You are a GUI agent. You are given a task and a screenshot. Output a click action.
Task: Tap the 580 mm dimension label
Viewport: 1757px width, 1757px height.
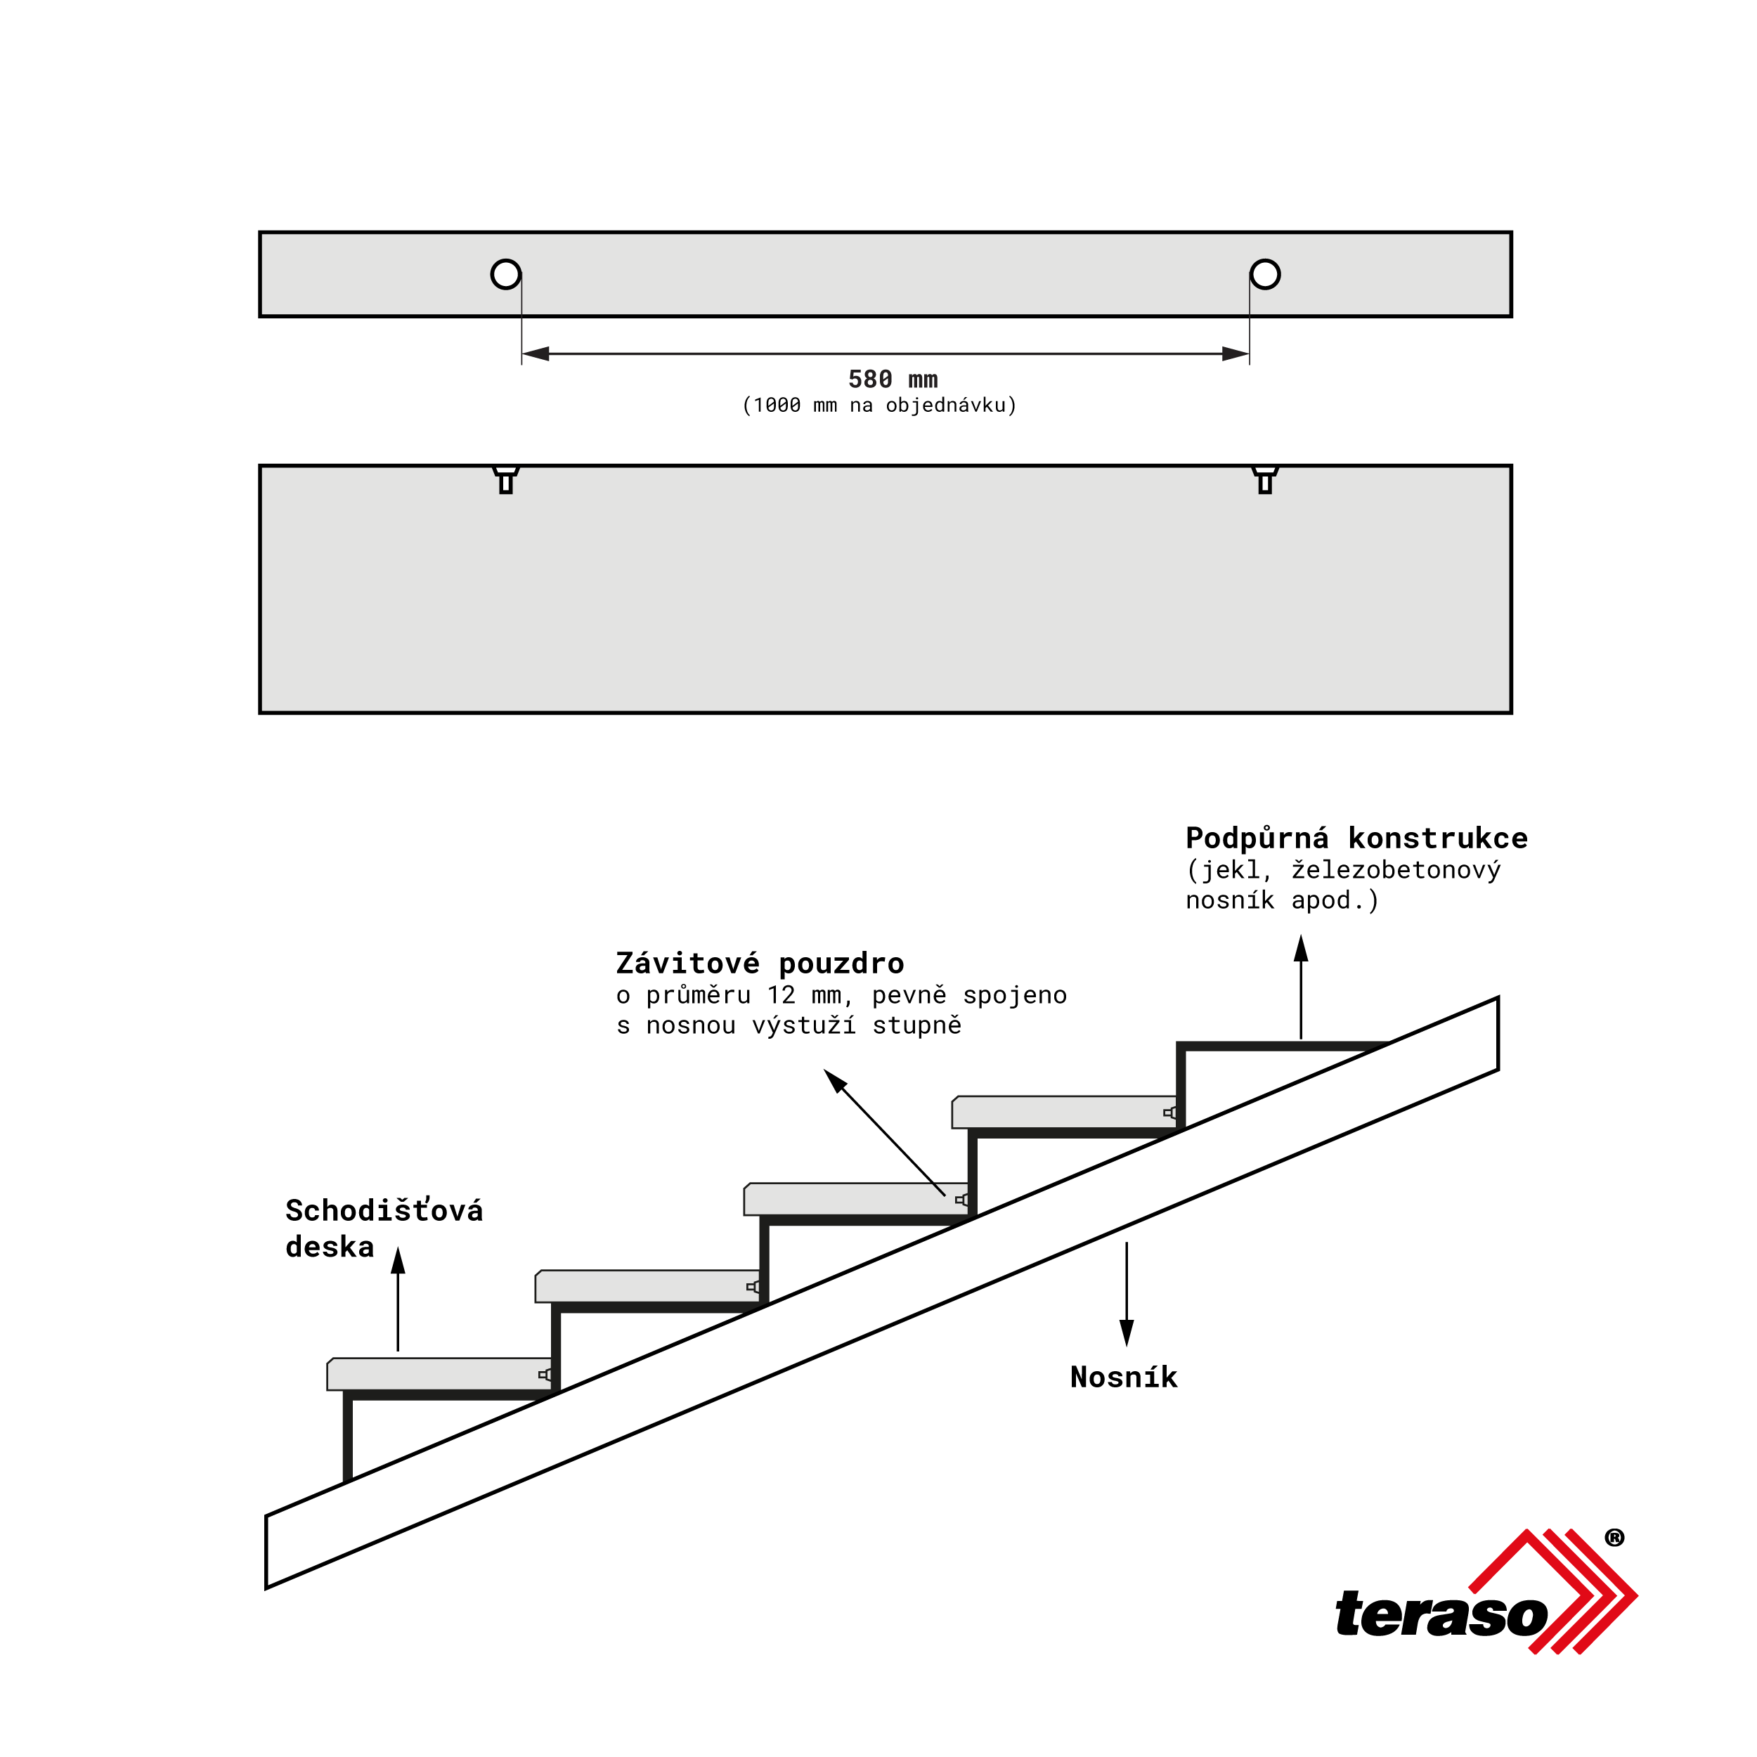click(893, 380)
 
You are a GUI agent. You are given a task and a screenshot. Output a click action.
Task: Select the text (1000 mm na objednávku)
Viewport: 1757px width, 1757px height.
click(879, 406)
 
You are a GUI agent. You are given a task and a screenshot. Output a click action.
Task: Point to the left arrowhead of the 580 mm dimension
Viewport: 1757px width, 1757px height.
click(536, 354)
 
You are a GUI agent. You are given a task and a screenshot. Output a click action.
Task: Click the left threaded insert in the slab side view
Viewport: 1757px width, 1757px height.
click(505, 479)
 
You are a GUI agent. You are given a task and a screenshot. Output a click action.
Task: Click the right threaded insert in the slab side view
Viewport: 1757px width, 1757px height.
click(1265, 479)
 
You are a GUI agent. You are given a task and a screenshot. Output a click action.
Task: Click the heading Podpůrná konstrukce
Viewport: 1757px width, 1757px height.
click(1357, 838)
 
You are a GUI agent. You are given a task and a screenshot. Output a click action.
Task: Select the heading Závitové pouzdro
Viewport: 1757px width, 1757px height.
click(760, 963)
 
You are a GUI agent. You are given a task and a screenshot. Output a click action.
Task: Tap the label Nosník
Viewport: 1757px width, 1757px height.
click(1124, 1377)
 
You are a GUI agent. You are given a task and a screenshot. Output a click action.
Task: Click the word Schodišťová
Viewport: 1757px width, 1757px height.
click(384, 1210)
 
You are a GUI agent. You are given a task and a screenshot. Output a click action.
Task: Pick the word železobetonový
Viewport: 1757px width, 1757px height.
click(1396, 870)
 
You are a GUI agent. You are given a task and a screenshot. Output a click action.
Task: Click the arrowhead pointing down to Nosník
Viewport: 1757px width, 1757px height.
click(1127, 1333)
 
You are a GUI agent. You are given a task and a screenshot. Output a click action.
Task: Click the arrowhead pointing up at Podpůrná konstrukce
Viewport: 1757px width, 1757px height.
click(1302, 949)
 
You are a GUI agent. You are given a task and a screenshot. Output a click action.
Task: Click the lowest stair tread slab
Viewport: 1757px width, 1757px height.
click(440, 1374)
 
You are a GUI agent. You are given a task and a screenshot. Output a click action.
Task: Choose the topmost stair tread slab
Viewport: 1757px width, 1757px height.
click(1065, 1113)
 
